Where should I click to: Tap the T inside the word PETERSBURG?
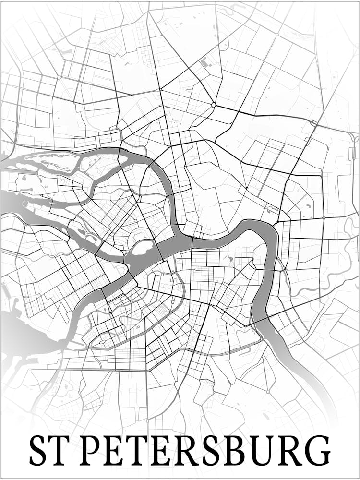(x=144, y=450)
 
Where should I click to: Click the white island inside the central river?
(x=142, y=248)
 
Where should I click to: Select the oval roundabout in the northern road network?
(x=213, y=104)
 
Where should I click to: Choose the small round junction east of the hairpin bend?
(x=324, y=218)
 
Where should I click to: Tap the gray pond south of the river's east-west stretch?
(x=230, y=260)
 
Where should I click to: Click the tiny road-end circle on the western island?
(x=49, y=213)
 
